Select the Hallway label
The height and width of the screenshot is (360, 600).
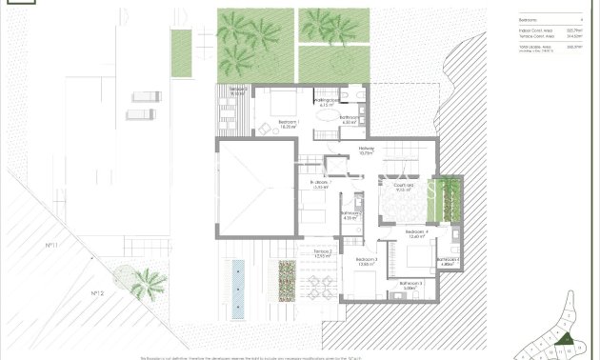tap(367, 150)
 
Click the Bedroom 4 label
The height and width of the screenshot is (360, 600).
tap(416, 233)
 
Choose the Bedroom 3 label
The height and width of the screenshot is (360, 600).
tap(367, 262)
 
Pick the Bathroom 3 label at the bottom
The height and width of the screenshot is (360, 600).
tap(410, 285)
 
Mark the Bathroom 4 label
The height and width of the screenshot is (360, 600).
tap(450, 261)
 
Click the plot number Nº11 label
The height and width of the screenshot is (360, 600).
tap(50, 246)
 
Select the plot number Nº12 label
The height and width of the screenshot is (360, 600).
tap(97, 292)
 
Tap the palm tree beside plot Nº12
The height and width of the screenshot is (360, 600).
tap(147, 282)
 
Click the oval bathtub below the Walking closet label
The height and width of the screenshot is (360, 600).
tap(327, 117)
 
